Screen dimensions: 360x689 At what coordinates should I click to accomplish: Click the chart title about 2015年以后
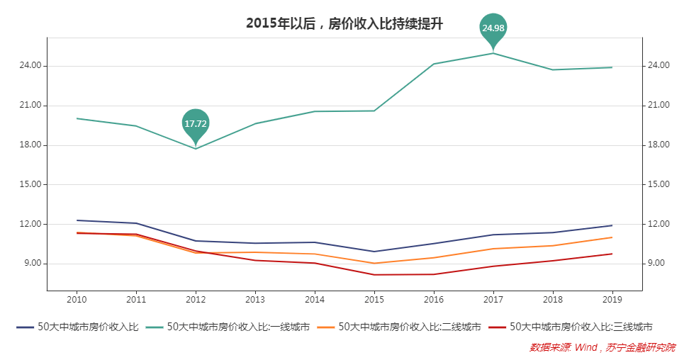[344, 23]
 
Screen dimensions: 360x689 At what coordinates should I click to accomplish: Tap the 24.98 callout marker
[493, 28]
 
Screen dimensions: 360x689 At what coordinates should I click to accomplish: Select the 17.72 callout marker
[196, 123]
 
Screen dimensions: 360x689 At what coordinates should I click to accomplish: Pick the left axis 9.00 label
[34, 264]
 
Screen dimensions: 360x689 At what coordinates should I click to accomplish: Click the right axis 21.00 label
[659, 106]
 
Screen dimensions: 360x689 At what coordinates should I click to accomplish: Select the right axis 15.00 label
[659, 184]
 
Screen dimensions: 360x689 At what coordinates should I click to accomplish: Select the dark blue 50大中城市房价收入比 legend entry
[78, 327]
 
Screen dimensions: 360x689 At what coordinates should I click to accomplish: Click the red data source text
[602, 347]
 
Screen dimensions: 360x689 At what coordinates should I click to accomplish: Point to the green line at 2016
[434, 64]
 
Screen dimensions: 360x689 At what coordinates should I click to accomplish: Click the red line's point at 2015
[374, 275]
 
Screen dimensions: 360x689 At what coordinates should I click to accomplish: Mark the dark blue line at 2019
[612, 225]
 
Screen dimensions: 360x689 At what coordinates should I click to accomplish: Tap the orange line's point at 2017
[493, 249]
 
